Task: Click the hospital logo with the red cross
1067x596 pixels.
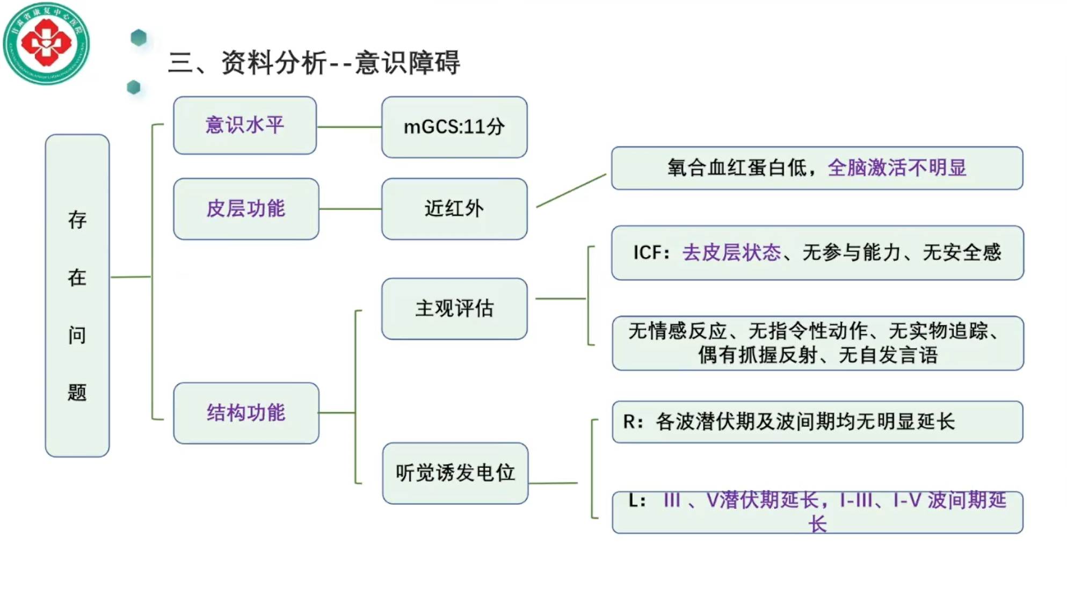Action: pyautogui.click(x=46, y=43)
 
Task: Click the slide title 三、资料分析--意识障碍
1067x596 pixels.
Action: pyautogui.click(x=314, y=63)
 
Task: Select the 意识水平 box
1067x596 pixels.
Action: pyautogui.click(x=245, y=126)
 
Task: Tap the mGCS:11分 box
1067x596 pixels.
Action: pyautogui.click(x=454, y=127)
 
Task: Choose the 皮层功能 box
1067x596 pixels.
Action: pyautogui.click(x=246, y=209)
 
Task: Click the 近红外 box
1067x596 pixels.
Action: pyautogui.click(x=454, y=209)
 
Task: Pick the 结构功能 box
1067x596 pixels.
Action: pyautogui.click(x=246, y=413)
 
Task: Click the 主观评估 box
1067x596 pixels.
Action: pyautogui.click(x=454, y=309)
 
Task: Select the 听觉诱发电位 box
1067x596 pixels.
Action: pyautogui.click(x=455, y=473)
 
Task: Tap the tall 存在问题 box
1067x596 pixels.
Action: pyautogui.click(x=77, y=295)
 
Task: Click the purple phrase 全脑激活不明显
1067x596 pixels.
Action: pyautogui.click(x=897, y=168)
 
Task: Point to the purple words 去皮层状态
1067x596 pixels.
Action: pyautogui.click(x=731, y=252)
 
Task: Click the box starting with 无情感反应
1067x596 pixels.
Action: pyautogui.click(x=817, y=343)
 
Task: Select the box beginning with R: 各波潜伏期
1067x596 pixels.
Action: pyautogui.click(x=817, y=422)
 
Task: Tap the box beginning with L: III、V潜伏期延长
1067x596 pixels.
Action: pyautogui.click(x=817, y=512)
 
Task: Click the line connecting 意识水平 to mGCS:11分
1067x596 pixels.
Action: pyautogui.click(x=349, y=127)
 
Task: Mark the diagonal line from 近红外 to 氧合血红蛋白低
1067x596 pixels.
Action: pyautogui.click(x=571, y=191)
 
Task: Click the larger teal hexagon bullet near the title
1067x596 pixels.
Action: pyautogui.click(x=139, y=38)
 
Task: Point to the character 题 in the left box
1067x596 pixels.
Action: pyautogui.click(x=77, y=393)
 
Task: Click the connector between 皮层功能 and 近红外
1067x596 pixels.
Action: pyautogui.click(x=350, y=209)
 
